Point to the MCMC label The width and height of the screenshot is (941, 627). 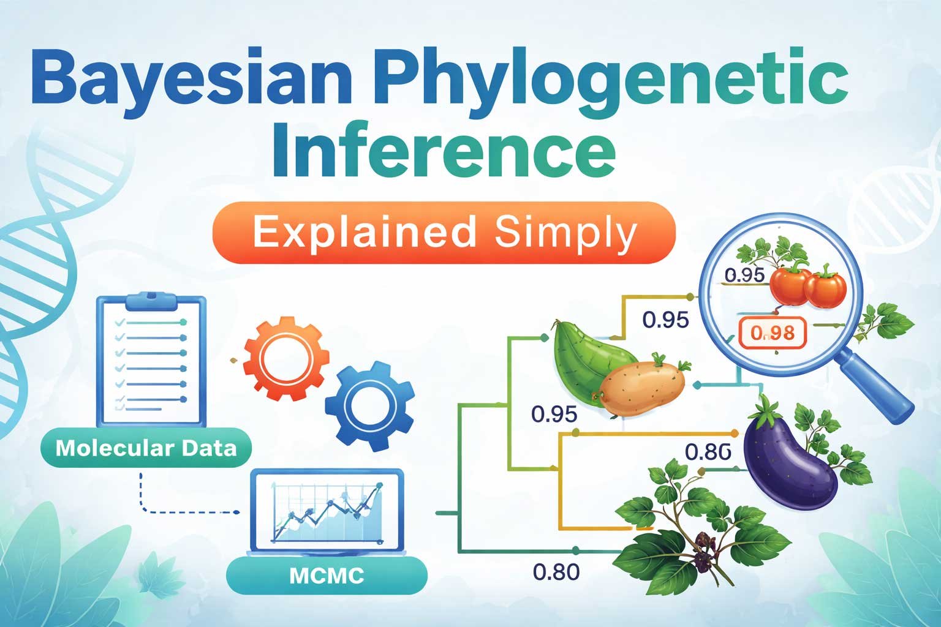[x=327, y=576]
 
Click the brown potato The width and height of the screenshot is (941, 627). [x=643, y=386]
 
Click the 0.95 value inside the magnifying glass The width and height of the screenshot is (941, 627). [x=744, y=276]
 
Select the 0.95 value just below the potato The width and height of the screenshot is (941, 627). [x=554, y=415]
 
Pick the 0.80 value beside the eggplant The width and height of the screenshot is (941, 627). [x=708, y=452]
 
